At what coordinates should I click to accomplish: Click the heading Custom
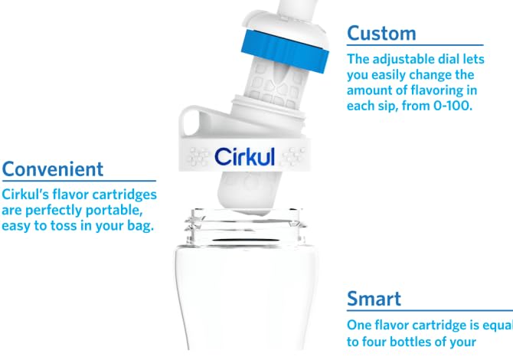(381, 33)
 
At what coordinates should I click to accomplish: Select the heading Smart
(374, 298)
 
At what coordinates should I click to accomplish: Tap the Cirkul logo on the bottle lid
(244, 156)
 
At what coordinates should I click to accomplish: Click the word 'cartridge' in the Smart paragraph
(445, 323)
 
